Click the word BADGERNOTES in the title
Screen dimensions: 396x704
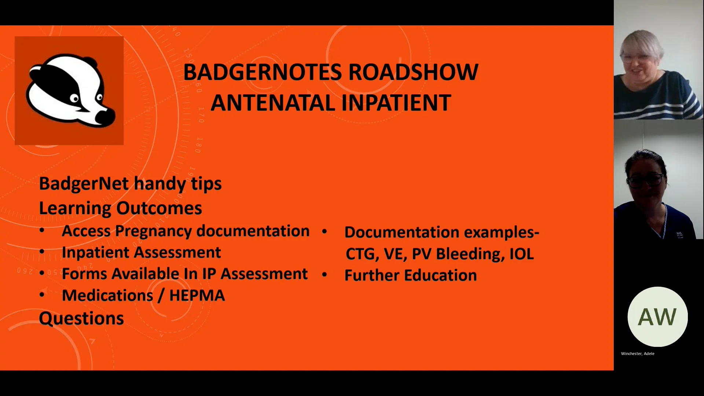click(x=263, y=72)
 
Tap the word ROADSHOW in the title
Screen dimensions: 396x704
click(x=413, y=72)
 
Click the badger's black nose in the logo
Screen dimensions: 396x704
click(x=106, y=117)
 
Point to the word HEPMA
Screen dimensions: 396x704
click(x=197, y=296)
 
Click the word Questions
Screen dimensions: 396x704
click(x=81, y=318)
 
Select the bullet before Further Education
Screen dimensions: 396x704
click(x=324, y=275)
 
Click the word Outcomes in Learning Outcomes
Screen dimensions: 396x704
click(x=159, y=208)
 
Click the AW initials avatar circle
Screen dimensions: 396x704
click(x=657, y=317)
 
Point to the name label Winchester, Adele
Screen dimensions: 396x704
click(x=638, y=354)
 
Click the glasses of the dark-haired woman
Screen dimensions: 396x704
click(x=645, y=180)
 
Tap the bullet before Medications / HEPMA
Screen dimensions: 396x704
click(x=42, y=295)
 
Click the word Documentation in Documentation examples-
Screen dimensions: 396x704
click(x=402, y=232)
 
